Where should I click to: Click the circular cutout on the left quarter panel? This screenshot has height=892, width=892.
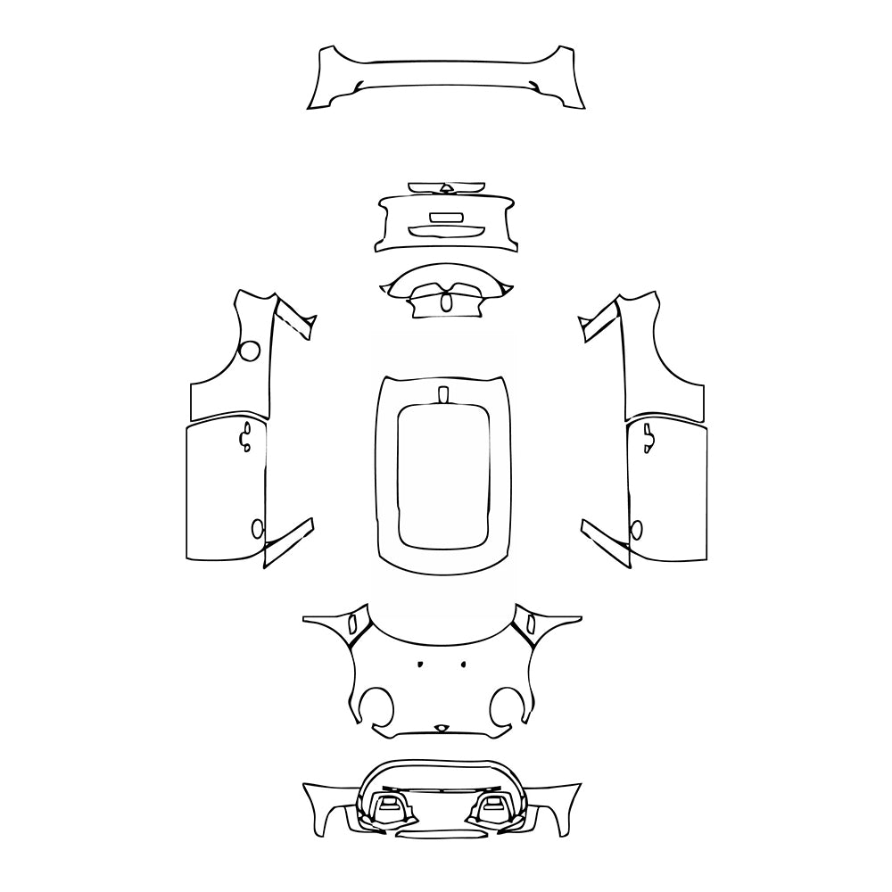[x=252, y=351]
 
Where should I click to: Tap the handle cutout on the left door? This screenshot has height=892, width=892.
[x=244, y=438]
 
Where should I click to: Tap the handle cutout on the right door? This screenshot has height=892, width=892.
[x=648, y=438]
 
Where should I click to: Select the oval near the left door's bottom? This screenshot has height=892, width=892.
[x=259, y=528]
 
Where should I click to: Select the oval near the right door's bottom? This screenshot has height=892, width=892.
[x=636, y=529]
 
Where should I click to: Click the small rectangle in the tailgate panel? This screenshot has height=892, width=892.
[x=446, y=217]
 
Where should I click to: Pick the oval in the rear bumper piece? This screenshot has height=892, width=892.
[x=446, y=302]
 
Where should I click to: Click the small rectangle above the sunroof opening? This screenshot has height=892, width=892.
[x=443, y=395]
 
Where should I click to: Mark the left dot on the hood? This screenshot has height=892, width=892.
[x=419, y=665]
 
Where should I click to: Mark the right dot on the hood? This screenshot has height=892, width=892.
[x=464, y=664]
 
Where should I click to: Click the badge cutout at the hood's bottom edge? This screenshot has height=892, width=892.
[x=441, y=728]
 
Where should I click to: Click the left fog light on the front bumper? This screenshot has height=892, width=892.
[x=388, y=806]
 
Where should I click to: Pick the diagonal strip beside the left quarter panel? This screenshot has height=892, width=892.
[x=295, y=317]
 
